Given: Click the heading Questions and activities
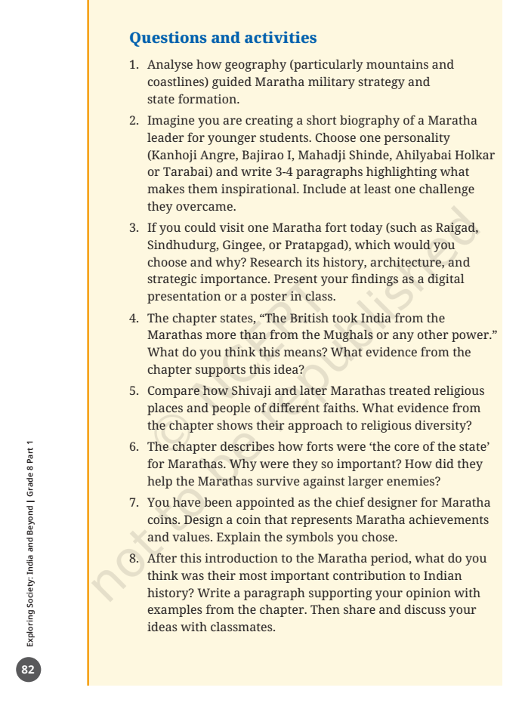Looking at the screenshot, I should tap(223, 37).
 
